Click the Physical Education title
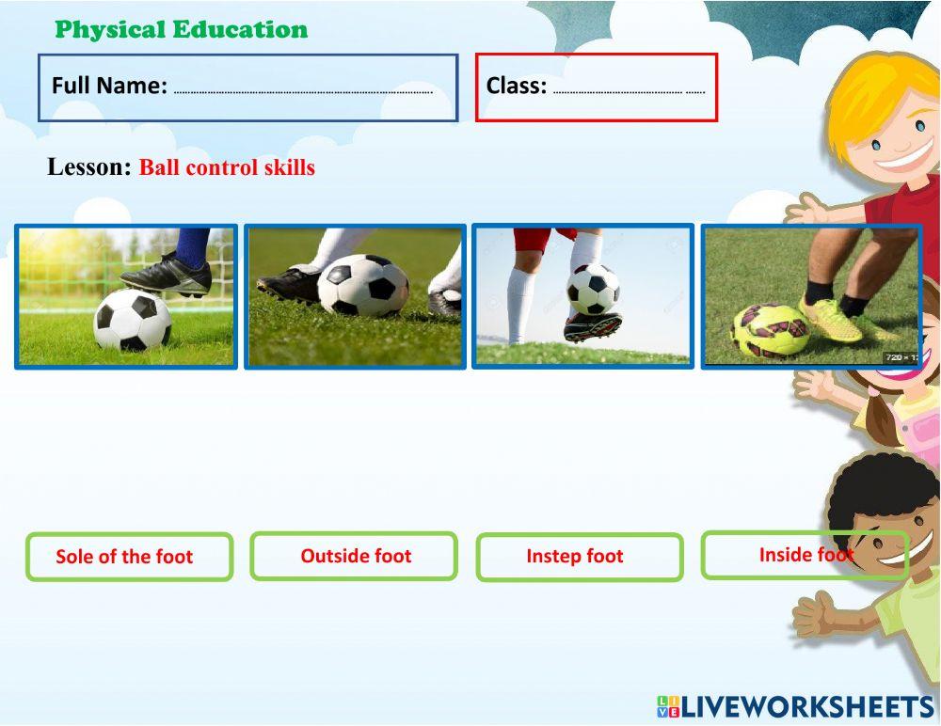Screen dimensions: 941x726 point(182,29)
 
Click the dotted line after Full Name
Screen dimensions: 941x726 point(303,92)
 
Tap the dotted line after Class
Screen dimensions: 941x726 point(629,92)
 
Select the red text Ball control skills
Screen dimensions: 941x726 point(227,166)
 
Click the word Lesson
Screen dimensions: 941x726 point(88,166)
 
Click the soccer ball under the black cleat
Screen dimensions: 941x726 point(133,319)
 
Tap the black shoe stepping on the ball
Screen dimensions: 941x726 point(167,275)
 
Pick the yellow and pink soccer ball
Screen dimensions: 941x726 point(770,329)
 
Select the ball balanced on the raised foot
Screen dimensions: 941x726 point(593,290)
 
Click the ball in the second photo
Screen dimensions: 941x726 point(362,285)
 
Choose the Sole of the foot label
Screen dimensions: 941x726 point(124,556)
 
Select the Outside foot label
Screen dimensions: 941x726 point(356,556)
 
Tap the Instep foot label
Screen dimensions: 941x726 point(575,556)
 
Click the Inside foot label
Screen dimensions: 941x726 point(806,555)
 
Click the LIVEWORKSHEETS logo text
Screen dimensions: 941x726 point(807,707)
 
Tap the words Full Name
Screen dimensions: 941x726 point(109,86)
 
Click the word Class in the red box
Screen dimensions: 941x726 point(516,86)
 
